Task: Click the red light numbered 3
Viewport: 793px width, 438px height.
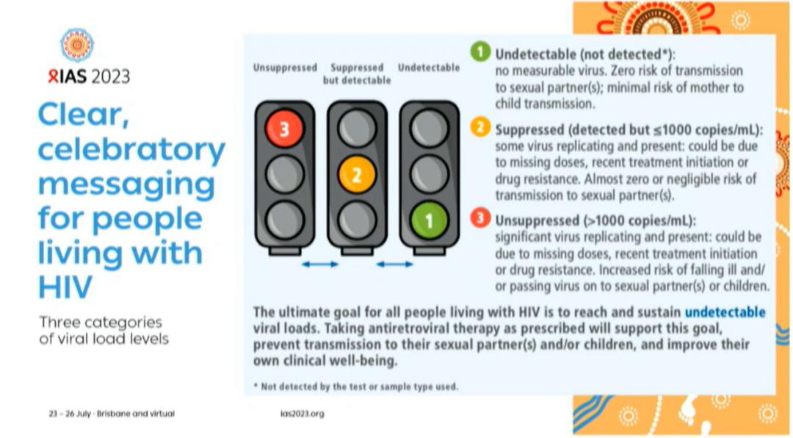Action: point(284,129)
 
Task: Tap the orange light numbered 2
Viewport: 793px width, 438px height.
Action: point(357,175)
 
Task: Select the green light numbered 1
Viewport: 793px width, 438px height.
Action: point(429,220)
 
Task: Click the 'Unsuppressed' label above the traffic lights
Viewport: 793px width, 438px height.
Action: point(285,68)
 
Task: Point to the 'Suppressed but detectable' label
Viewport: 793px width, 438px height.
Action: point(357,73)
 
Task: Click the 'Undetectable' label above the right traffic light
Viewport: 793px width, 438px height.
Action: point(429,68)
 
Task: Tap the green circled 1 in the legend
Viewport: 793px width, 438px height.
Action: point(480,53)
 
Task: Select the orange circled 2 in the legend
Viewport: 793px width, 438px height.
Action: point(480,128)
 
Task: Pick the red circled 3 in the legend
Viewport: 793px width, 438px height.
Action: point(480,218)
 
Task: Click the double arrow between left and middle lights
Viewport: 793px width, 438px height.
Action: point(320,264)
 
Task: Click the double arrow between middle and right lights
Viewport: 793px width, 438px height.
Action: point(394,264)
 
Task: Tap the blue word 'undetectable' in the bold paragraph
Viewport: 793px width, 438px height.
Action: point(725,312)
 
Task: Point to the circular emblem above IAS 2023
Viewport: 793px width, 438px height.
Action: point(77,45)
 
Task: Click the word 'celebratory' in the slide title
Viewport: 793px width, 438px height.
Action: point(131,150)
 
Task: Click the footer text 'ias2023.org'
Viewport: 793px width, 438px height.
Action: point(302,414)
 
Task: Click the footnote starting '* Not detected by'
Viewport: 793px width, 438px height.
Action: point(355,387)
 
